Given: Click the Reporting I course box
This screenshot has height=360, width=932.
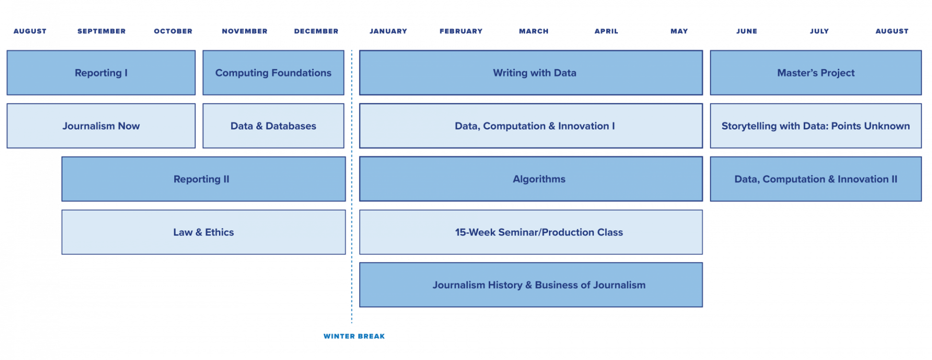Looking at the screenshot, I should (101, 73).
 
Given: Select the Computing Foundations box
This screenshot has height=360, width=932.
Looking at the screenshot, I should (273, 73).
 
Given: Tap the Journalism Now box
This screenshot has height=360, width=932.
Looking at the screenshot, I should (101, 126).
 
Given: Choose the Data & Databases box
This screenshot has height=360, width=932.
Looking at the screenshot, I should (273, 126).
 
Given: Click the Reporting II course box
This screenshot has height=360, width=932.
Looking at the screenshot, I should (203, 179).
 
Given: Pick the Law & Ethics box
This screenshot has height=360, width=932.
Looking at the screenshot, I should (203, 232).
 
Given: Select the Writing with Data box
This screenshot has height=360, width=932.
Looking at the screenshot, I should (531, 73).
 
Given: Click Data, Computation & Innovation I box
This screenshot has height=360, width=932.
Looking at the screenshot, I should (531, 126).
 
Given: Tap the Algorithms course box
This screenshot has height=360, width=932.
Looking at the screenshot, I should (531, 179).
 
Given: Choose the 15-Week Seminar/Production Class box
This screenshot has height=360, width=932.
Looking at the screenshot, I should (531, 232).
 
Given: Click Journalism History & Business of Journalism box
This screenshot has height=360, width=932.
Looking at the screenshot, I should (531, 285).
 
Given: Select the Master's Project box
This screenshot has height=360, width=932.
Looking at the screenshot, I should (815, 73).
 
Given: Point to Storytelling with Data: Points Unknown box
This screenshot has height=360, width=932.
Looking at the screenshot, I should (815, 126).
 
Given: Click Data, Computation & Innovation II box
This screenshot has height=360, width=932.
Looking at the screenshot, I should (815, 179).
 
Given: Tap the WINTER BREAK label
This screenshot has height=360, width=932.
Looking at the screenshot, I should (354, 336).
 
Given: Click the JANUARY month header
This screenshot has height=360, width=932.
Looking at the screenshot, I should (388, 31).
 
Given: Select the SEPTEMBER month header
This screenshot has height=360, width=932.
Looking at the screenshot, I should (101, 31).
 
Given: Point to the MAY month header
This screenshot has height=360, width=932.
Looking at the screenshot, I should (679, 31).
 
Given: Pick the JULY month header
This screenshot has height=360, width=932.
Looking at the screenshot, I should (819, 31).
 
